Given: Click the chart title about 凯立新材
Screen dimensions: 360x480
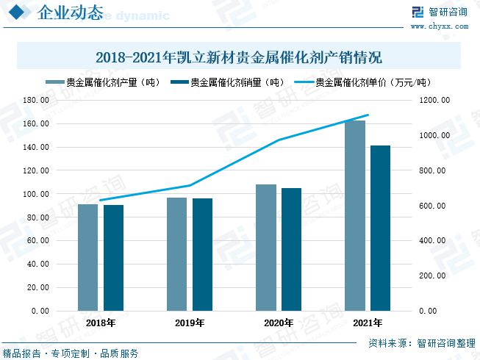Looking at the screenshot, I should click(239, 57).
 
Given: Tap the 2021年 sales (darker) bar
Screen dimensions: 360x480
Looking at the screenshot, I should click(380, 228).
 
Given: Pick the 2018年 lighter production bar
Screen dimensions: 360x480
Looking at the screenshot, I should click(88, 257).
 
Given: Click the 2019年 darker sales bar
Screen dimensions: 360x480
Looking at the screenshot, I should click(202, 254).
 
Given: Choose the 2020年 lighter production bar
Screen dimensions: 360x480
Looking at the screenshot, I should click(265, 247).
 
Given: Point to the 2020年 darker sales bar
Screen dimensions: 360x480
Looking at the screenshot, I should click(291, 249).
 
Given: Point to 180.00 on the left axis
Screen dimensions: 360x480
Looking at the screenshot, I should click(37, 101).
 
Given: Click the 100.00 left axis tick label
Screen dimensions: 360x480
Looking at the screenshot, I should click(37, 194).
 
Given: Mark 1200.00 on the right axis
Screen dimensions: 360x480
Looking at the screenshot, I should click(434, 101).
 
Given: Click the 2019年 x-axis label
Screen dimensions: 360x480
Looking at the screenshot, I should click(189, 323).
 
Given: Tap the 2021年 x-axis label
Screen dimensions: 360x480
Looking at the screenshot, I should click(367, 323).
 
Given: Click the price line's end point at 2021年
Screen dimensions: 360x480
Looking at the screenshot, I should click(368, 115).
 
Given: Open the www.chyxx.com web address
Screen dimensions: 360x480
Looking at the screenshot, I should click(439, 25).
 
